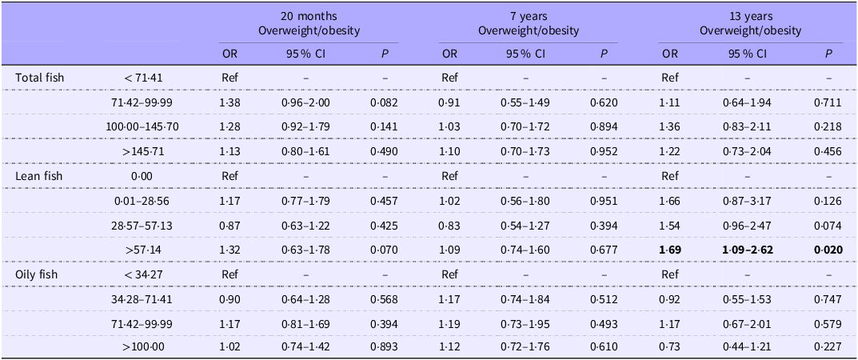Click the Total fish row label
click(x=39, y=78)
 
